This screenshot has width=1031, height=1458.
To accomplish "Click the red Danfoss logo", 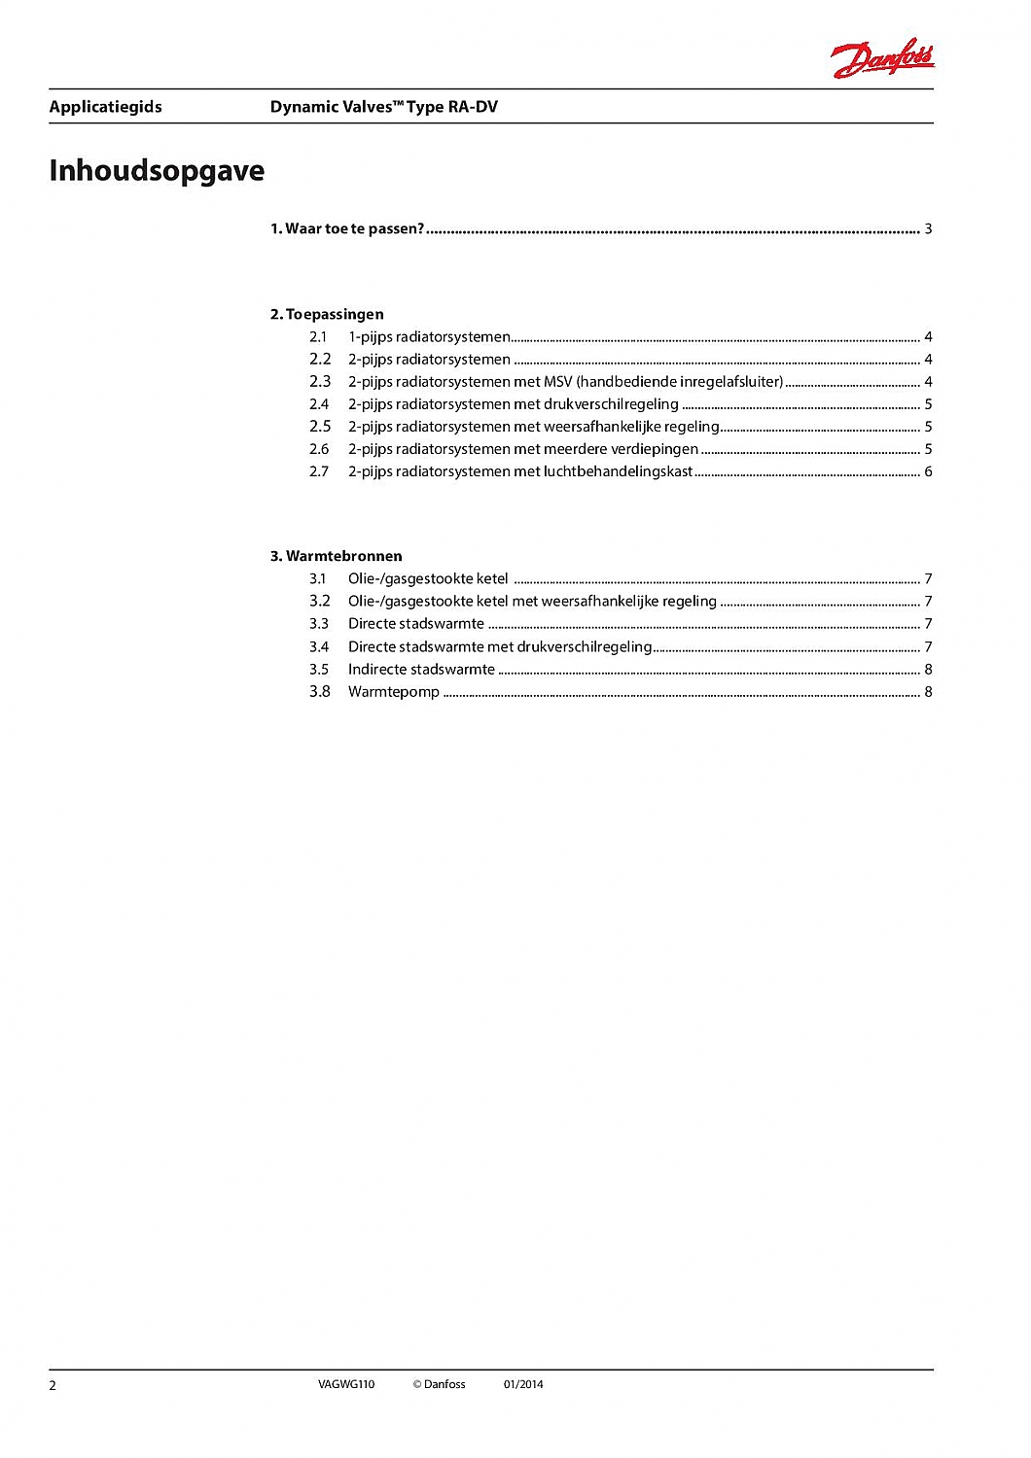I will pos(882,58).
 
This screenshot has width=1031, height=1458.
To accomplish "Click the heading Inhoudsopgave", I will pos(157,170).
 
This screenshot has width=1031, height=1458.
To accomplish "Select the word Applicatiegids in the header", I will pos(105,107).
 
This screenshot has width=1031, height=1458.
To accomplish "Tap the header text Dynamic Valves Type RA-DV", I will pos(383,107).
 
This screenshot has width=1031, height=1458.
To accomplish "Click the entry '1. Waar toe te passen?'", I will pos(347,229).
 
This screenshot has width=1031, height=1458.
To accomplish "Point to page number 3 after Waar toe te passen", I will pos(928,229).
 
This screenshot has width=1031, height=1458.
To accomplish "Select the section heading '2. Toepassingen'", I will pos(327,314).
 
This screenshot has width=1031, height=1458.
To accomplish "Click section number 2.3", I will pos(320,382).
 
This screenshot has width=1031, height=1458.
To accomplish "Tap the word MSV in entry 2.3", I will pos(558,382).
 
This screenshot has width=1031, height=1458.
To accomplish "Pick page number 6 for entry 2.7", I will pos(928,471).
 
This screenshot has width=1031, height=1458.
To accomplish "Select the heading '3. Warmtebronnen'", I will pos(337,556).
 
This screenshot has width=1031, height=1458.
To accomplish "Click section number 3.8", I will pos(320,692).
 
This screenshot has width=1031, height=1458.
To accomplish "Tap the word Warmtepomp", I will pos(394,692).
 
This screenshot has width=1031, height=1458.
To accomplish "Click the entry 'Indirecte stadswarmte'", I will pos(421,670).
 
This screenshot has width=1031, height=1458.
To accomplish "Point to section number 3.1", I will pos(318,579).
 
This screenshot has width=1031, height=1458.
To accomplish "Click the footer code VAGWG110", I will pos(345,1384).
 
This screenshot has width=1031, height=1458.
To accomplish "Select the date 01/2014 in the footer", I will pos(523,1384).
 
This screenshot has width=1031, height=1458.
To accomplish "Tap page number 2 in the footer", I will pos(53,1385).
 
